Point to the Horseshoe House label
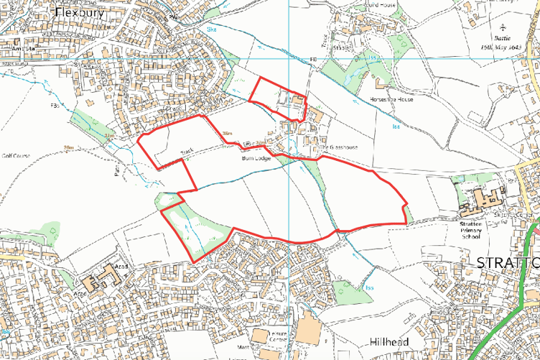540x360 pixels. [391, 99]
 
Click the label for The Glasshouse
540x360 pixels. [337, 147]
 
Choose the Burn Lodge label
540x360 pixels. [256, 157]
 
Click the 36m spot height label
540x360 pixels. [228, 134]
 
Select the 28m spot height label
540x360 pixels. [68, 147]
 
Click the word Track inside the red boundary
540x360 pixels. [187, 152]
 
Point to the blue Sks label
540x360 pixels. [211, 29]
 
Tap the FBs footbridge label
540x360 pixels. [55, 105]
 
